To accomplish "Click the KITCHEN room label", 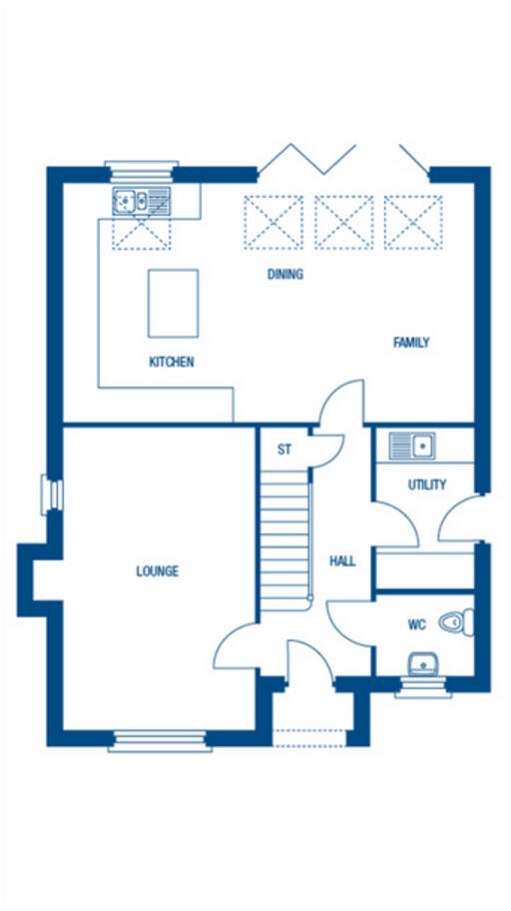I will tap(172, 363).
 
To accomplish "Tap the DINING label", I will tap(284, 275).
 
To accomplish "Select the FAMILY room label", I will tap(411, 343).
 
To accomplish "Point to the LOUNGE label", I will tap(158, 571).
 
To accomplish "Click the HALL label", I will tap(342, 561).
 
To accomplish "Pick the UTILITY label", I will tap(427, 485).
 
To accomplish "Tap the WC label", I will tap(416, 625).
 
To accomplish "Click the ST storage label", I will tap(284, 450).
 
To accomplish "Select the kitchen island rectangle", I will tap(173, 303).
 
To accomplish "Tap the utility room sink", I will tap(412, 445).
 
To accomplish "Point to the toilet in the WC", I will tap(454, 622).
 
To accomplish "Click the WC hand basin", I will tap(421, 663).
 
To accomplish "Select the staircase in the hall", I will tap(286, 539).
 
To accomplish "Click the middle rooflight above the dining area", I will tap(343, 222).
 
